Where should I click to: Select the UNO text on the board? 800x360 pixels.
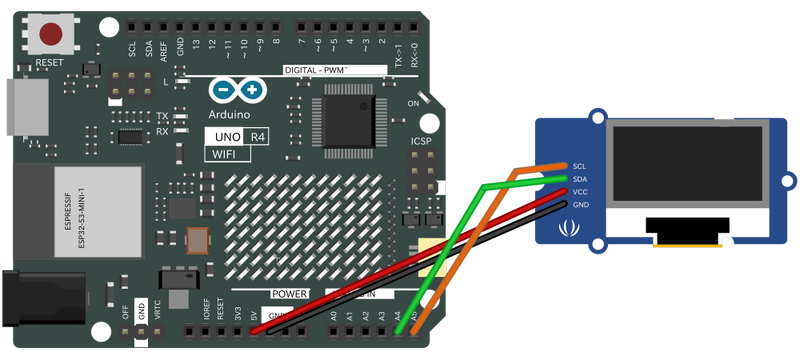pos(223,136)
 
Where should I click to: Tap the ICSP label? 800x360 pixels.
pos(421,142)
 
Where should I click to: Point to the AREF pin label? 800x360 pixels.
pos(164,47)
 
